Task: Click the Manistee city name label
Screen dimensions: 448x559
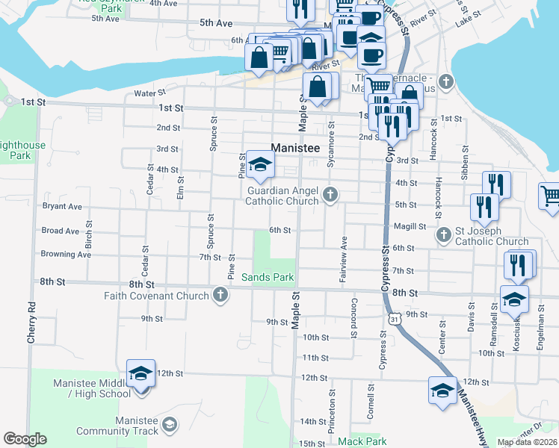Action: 295,148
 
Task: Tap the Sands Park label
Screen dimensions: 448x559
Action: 268,278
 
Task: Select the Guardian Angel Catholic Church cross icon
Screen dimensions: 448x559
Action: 330,196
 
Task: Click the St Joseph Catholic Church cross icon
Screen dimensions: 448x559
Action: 443,234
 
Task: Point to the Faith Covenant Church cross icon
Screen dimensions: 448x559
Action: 220,296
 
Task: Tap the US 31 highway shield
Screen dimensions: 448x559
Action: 393,319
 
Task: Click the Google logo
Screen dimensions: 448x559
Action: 25,439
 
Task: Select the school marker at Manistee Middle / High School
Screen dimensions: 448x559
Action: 140,375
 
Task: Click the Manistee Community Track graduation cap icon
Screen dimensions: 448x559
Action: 170,425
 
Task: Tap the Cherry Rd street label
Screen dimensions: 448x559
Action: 31,323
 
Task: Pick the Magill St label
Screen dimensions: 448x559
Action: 410,226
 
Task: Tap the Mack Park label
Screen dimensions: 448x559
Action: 362,442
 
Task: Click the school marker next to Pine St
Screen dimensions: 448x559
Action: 260,167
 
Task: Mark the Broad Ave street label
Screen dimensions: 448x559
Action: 61,231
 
